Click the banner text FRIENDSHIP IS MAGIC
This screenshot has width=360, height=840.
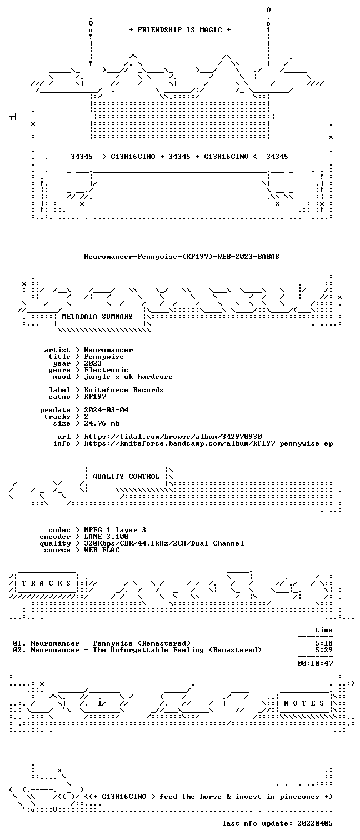click(x=179, y=30)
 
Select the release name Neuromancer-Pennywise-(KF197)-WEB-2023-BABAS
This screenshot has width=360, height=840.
click(x=182, y=257)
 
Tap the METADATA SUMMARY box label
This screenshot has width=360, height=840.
click(x=97, y=317)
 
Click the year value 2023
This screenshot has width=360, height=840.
click(x=93, y=363)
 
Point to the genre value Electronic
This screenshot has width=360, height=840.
click(x=106, y=370)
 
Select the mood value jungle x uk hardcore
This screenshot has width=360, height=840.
click(x=128, y=377)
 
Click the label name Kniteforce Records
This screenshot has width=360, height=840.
click(x=124, y=390)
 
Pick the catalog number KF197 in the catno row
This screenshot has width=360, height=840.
click(x=95, y=397)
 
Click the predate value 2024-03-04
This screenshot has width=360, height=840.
click(x=106, y=410)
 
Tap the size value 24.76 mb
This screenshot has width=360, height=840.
click(x=102, y=423)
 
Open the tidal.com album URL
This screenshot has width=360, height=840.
click(x=173, y=437)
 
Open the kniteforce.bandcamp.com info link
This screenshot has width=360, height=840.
click(x=208, y=443)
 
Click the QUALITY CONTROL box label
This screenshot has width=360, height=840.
click(x=126, y=477)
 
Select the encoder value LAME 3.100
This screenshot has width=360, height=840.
click(x=106, y=537)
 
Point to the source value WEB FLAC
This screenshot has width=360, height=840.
click(x=102, y=550)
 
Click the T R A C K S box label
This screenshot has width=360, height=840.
click(x=46, y=583)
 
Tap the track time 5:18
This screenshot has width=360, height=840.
click(x=324, y=643)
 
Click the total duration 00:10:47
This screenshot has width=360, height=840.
click(x=315, y=663)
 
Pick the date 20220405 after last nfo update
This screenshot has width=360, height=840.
click(x=315, y=823)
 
